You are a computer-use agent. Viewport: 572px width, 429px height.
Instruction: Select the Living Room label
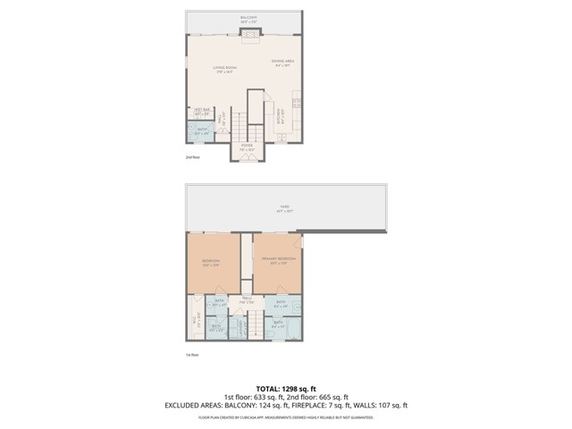click(x=223, y=69)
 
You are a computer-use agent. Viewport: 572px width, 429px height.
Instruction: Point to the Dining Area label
click(x=283, y=62)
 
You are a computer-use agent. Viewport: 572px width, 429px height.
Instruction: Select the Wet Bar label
click(x=201, y=113)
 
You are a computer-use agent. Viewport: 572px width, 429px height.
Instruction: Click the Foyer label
click(x=247, y=146)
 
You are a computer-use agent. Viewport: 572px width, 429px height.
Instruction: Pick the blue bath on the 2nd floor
click(x=201, y=132)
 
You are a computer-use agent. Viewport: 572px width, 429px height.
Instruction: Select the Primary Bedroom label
click(x=275, y=261)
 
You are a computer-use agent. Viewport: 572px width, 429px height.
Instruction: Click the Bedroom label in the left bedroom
click(x=211, y=263)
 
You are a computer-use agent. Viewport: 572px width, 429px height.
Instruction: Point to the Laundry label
click(x=240, y=327)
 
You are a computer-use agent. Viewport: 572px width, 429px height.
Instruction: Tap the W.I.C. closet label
click(x=194, y=319)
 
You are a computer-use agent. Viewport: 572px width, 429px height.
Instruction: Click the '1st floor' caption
click(x=193, y=355)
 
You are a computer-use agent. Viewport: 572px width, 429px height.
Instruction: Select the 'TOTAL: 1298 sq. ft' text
click(x=285, y=388)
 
